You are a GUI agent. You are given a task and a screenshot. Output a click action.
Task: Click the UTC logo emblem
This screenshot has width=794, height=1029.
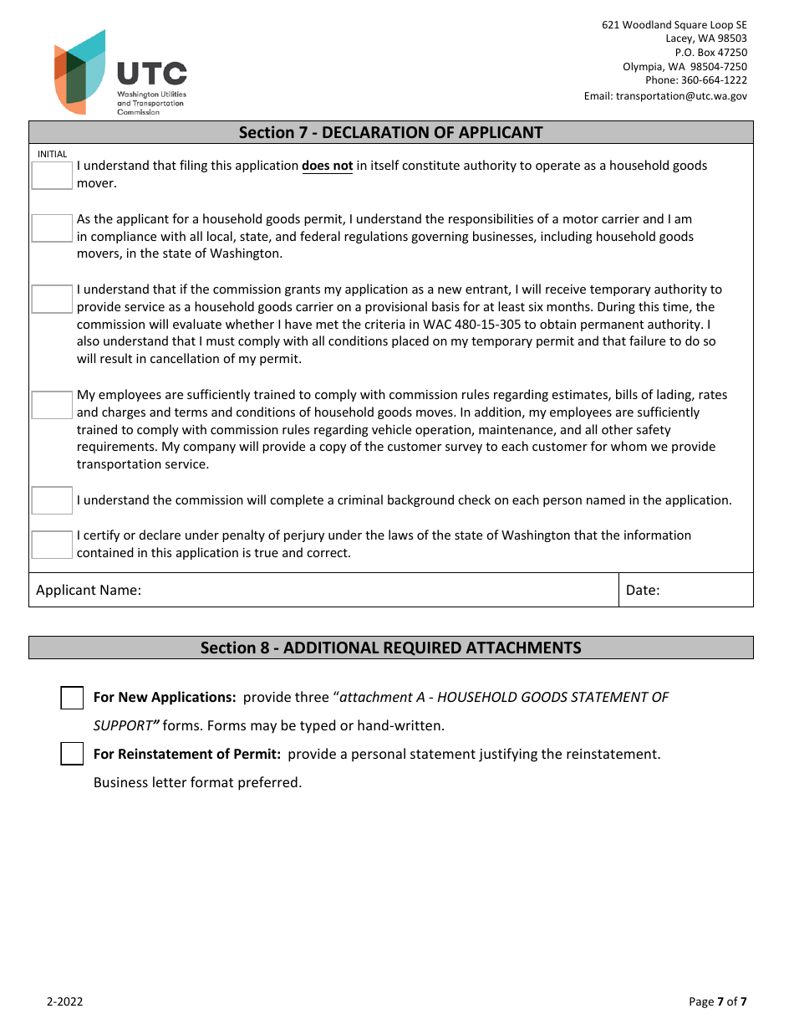(80, 73)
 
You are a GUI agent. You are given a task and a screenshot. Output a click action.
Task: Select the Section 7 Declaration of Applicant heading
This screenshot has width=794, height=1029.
(390, 132)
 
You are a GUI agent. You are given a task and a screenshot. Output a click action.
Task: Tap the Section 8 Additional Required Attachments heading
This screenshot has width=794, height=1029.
(390, 648)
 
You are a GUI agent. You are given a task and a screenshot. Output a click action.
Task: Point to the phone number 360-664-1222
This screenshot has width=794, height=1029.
(714, 80)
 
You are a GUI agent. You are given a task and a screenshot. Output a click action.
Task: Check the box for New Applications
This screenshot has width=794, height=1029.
(72, 698)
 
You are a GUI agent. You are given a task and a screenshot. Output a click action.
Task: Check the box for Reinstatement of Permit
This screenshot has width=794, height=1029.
(72, 754)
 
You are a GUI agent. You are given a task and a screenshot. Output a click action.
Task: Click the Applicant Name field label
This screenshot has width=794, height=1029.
(89, 590)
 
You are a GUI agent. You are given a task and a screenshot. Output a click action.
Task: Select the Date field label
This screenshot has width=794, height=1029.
(643, 590)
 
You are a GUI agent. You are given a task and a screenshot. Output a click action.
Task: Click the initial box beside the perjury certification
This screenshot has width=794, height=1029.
(52, 545)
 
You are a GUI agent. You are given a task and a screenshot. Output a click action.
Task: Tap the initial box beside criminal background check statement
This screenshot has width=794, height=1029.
(52, 500)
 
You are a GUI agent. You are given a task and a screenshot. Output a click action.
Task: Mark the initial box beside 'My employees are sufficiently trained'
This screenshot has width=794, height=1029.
(52, 405)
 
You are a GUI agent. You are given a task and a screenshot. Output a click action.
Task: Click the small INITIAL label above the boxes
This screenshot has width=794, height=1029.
(52, 154)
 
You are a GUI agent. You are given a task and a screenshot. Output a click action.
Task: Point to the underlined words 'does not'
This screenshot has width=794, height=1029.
(327, 166)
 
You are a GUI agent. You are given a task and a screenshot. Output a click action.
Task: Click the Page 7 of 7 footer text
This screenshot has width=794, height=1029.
(717, 1001)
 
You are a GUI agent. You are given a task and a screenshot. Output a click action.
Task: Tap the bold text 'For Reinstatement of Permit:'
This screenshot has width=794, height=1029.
(186, 754)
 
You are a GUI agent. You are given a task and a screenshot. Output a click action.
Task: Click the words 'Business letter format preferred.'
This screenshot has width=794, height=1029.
(197, 782)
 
